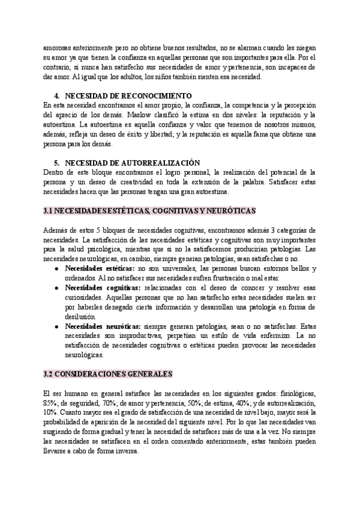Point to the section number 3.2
click(x=49, y=373)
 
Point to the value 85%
click(x=52, y=403)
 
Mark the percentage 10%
click(x=51, y=413)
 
